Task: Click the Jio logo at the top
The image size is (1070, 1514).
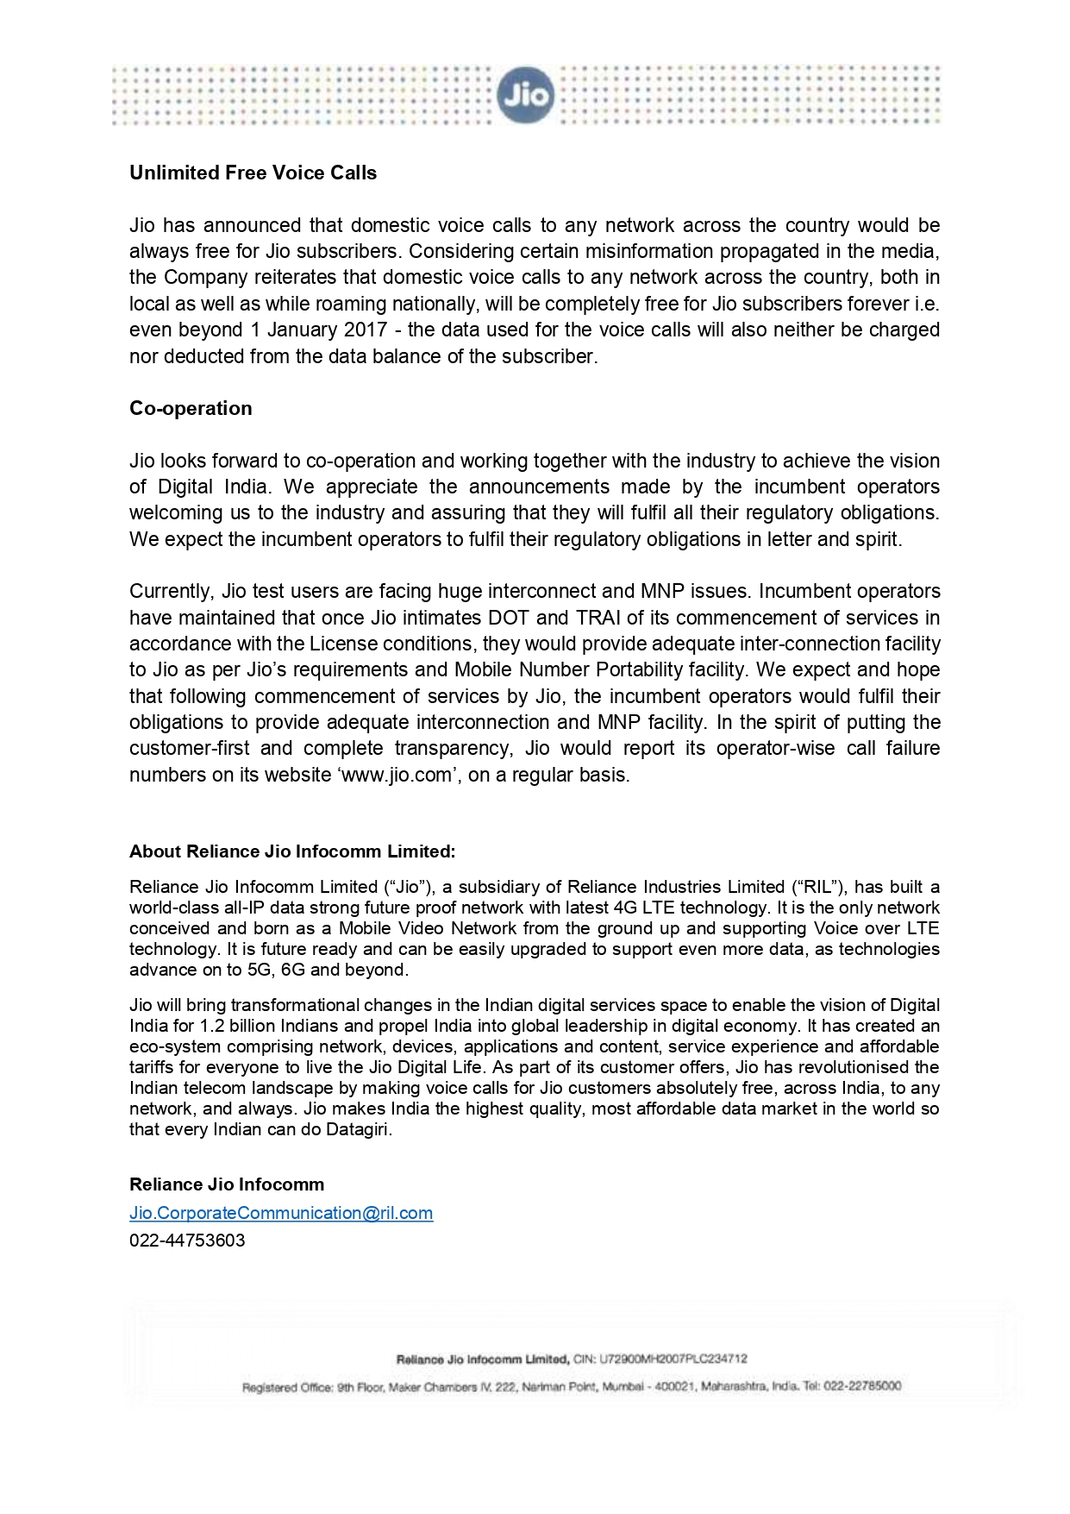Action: [x=525, y=95]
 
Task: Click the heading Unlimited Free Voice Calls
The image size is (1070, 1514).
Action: [x=253, y=173]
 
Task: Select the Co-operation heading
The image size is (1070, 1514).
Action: [x=191, y=408]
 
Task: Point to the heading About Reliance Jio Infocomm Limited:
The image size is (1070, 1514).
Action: [x=292, y=851]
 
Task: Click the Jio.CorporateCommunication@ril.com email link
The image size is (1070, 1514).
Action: [x=281, y=1213]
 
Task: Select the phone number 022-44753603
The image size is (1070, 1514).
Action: [x=187, y=1241]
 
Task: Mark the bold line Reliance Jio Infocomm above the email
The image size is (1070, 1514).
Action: [x=227, y=1184]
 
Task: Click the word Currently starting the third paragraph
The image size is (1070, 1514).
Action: [x=170, y=591]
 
